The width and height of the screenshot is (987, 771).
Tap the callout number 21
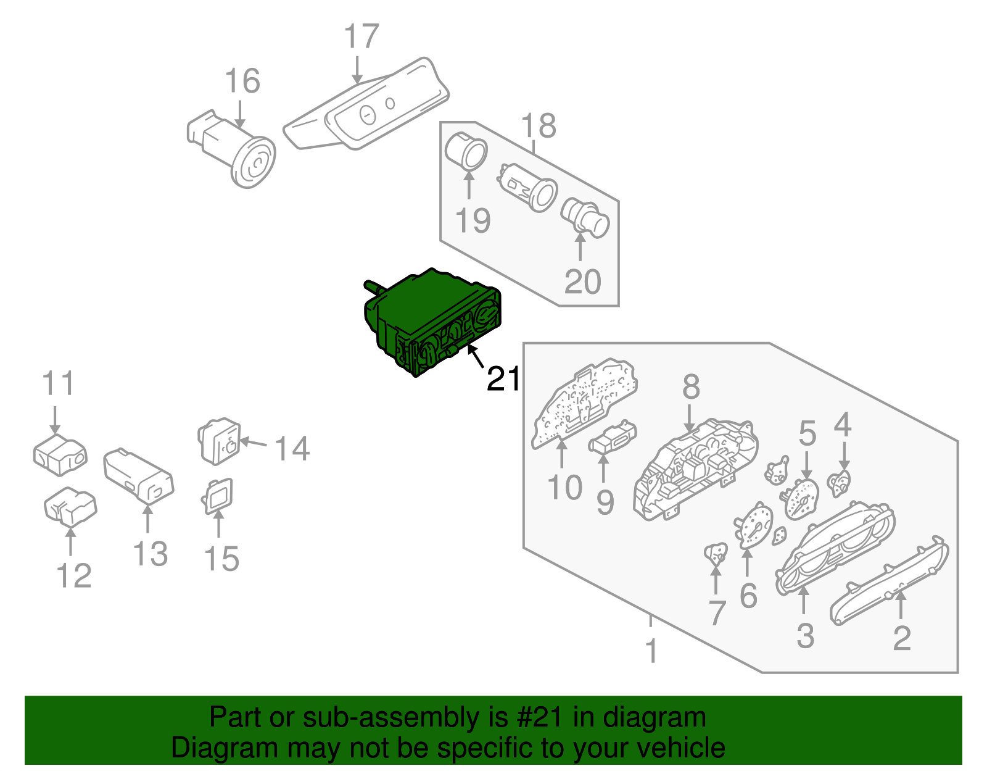[503, 378]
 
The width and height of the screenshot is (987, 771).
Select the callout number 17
[361, 37]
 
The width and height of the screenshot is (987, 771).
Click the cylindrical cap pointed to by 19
[467, 151]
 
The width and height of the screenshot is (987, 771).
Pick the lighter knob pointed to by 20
[586, 219]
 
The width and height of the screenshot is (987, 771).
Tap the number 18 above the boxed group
[539, 126]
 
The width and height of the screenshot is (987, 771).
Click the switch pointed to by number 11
[59, 455]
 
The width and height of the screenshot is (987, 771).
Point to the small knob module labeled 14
[220, 441]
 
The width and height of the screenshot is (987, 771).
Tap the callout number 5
[807, 433]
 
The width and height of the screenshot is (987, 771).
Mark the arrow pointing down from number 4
[844, 460]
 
